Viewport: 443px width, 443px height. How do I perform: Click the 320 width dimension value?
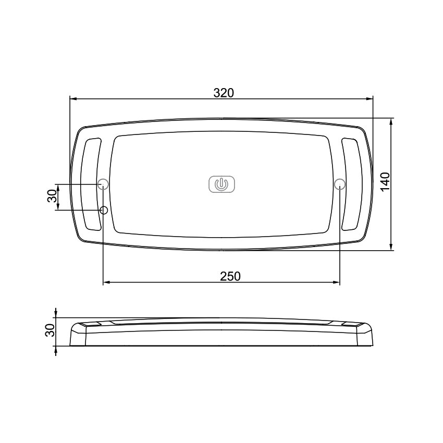coord(224,92)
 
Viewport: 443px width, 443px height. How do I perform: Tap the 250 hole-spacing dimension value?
coord(230,276)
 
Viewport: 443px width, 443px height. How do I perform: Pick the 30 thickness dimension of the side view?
coord(50,330)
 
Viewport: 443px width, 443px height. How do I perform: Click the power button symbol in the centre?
coord(222,184)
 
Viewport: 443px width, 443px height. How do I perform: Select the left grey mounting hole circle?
coord(103,183)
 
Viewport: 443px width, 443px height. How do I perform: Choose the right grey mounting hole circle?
coord(340,183)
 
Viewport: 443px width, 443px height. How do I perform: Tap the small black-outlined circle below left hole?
coord(104,210)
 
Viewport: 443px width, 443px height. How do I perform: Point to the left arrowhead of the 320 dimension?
coord(73,99)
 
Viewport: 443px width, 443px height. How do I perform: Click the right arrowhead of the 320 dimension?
coord(371,99)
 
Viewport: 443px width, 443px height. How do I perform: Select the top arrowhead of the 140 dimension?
coord(391,121)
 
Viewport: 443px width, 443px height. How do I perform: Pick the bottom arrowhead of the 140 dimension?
coord(391,247)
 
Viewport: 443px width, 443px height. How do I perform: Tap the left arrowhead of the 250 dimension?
coord(106,282)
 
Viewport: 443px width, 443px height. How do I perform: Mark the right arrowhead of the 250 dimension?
coord(337,282)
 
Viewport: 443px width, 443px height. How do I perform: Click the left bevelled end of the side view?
coord(77,334)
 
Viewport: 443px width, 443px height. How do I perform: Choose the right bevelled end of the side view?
coord(367,334)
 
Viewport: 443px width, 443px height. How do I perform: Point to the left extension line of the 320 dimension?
coord(70,136)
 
